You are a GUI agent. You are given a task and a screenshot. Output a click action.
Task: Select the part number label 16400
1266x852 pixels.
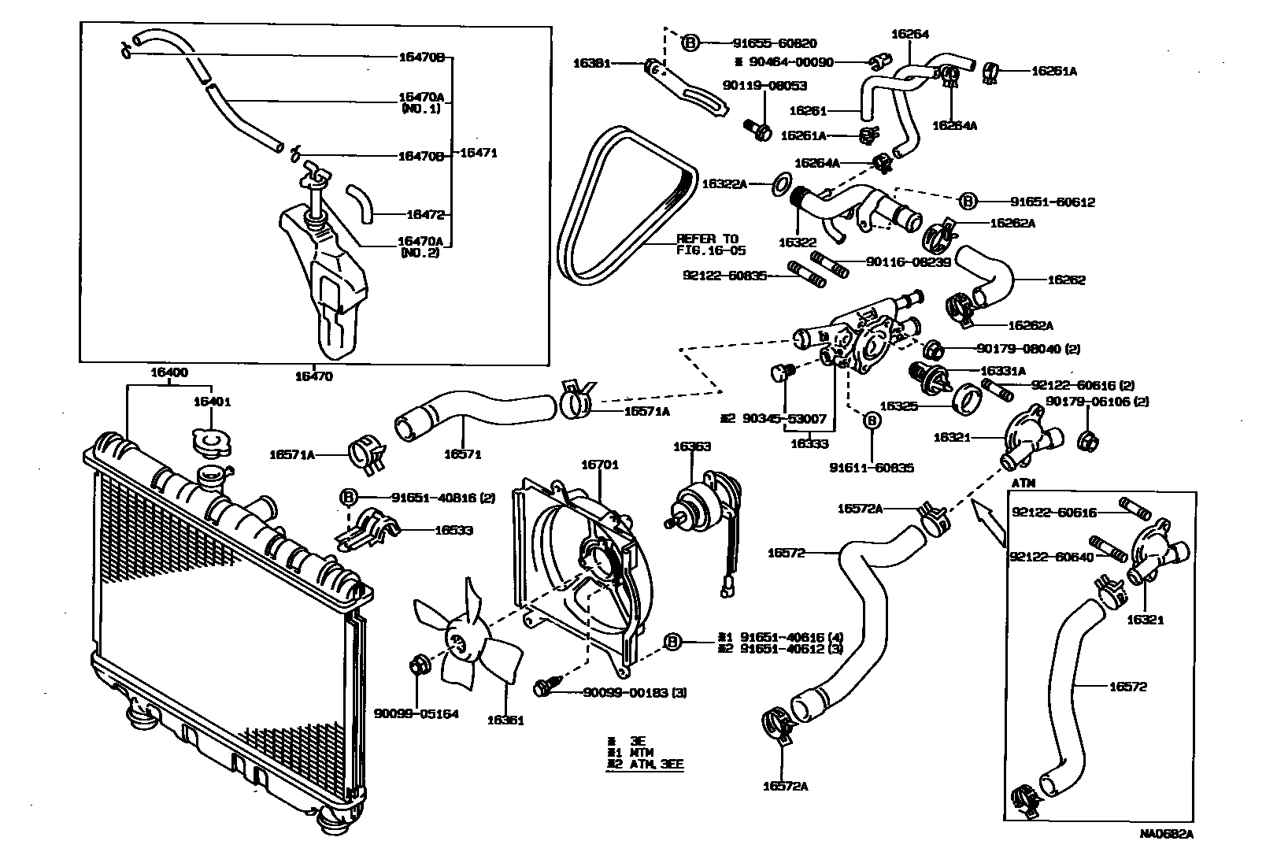[x=168, y=372]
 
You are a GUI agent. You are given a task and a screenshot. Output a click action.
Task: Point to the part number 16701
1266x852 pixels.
[x=599, y=465]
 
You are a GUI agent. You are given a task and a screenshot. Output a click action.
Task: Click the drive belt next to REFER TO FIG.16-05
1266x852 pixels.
[x=622, y=205]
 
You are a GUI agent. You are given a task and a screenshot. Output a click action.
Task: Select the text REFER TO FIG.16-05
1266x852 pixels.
[x=709, y=245]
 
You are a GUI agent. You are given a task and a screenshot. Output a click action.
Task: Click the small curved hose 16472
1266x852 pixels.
[x=362, y=202]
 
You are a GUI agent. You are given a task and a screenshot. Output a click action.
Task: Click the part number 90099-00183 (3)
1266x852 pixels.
[x=635, y=693]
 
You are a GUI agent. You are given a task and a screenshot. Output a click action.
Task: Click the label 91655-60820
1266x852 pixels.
[x=763, y=43]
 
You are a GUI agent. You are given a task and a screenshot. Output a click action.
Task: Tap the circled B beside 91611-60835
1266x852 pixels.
[x=872, y=421]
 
